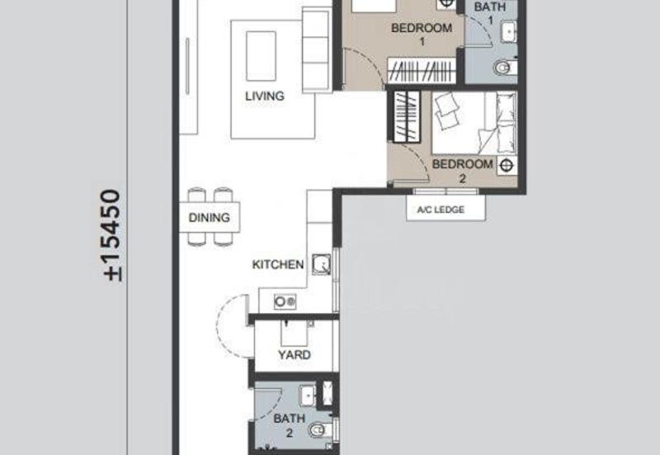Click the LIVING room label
point(264,96)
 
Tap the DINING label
point(203,219)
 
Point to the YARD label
point(294,354)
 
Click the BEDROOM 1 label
point(422,35)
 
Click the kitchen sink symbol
point(322,265)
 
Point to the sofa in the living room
point(315,51)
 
